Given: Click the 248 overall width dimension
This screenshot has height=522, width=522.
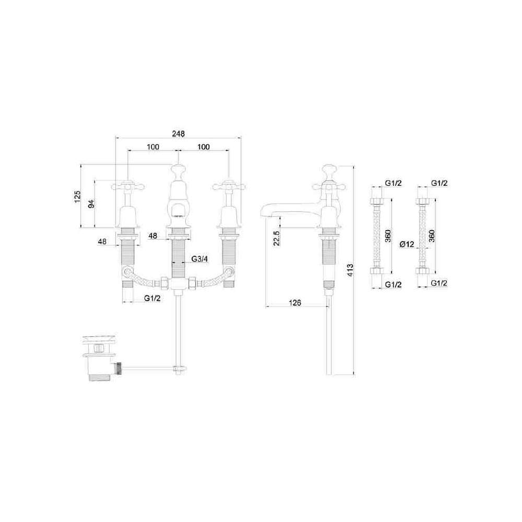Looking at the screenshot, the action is coord(178,134).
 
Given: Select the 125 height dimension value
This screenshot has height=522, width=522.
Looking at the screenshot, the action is coord(78,197).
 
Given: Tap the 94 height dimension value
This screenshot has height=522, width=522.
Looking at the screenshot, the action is coord(91,204).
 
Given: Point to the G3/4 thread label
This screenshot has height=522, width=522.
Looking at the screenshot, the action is coord(199,259).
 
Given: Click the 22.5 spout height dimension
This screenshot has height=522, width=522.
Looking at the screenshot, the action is coord(276,238).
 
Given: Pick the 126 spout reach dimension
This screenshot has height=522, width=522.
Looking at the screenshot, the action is coord(294,303).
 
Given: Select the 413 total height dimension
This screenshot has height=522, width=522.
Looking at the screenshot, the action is coord(350,270).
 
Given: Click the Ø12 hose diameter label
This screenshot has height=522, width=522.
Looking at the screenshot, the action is coord(407,244).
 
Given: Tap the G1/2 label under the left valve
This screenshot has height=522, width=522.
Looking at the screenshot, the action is coord(152,298).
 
